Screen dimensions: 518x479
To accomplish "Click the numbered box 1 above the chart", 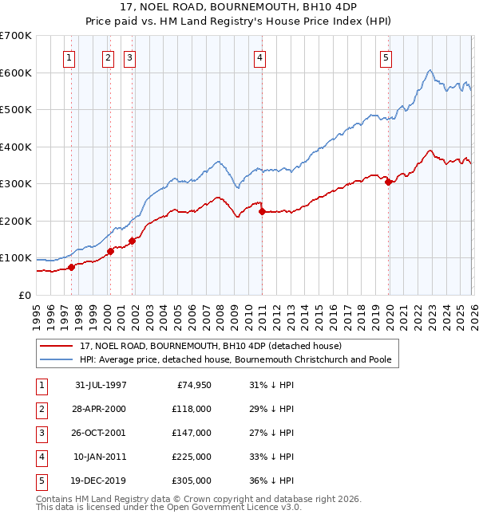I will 69,57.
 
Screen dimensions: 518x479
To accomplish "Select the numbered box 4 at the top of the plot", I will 260,57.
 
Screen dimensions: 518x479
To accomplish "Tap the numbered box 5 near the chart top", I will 386,57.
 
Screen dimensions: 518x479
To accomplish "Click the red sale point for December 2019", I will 389,182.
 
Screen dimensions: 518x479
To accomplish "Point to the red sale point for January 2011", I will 262,211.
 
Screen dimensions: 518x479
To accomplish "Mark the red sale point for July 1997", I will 72,267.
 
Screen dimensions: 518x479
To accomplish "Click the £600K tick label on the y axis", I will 16,73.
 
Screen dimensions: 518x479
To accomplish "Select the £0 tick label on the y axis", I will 25,295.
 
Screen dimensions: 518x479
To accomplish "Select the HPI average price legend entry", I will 235,360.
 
